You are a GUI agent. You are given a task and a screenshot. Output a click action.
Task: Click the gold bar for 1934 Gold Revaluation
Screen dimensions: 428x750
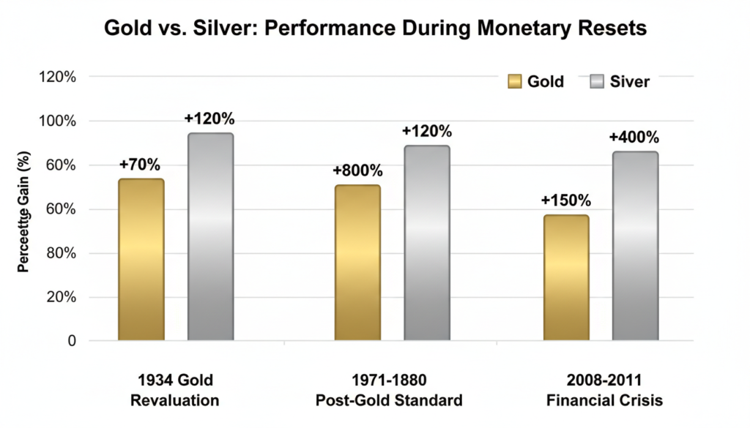click(x=141, y=260)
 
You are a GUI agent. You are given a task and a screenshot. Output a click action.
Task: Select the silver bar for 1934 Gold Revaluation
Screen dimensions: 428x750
click(x=210, y=237)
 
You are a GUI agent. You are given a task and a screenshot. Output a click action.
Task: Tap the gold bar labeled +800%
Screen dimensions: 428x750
click(x=357, y=263)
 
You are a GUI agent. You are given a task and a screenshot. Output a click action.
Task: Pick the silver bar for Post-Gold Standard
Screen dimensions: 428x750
click(x=427, y=243)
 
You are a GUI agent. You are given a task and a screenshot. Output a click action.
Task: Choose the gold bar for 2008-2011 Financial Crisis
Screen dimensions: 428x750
click(x=565, y=277)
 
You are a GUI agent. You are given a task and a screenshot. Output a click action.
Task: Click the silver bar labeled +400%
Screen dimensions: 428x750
click(x=635, y=246)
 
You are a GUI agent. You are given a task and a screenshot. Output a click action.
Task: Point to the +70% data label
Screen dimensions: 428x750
click(x=140, y=164)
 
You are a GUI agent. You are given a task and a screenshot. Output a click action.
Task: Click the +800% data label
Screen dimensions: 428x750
click(x=357, y=170)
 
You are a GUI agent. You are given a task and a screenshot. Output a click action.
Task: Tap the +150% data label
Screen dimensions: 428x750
click(x=565, y=200)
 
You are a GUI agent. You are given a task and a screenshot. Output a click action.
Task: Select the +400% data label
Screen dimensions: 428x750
click(x=634, y=137)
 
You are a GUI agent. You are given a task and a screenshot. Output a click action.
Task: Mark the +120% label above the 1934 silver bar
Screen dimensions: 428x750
click(x=209, y=119)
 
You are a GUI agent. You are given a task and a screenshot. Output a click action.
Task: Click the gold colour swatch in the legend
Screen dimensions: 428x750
click(x=514, y=81)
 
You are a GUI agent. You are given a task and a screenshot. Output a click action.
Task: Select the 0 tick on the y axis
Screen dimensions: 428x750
click(x=72, y=341)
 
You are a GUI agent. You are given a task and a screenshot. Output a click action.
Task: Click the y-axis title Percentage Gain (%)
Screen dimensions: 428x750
click(x=23, y=211)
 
